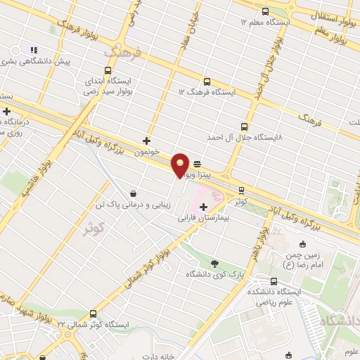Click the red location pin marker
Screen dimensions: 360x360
click(181, 165)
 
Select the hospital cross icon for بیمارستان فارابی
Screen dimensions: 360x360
click(204, 207)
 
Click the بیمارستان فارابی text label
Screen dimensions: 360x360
click(203, 219)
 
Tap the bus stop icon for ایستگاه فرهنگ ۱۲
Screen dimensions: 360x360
click(206, 82)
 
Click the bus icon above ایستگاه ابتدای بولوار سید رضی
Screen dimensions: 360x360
click(108, 70)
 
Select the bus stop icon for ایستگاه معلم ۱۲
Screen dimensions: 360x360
click(265, 11)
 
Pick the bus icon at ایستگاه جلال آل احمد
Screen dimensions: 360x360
click(244, 127)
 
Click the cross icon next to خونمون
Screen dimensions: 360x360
click(146, 141)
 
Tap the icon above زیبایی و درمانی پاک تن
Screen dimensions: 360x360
click(134, 193)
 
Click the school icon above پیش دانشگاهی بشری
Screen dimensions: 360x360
click(32, 50)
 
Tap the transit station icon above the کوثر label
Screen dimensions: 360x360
click(241, 190)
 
